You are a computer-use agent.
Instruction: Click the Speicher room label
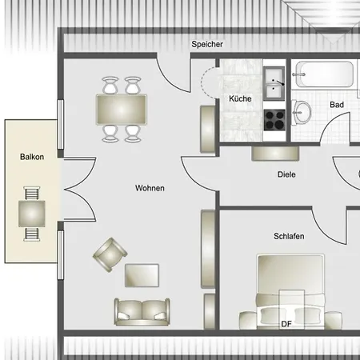207,44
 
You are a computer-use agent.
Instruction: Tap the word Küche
240,98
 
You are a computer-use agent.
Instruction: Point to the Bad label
337,105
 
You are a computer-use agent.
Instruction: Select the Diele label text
286,174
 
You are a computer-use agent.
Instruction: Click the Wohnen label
150,188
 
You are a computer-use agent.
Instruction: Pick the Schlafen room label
289,236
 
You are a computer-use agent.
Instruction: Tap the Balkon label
32,157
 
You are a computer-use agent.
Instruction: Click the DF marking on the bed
286,324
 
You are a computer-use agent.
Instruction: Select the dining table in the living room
122,110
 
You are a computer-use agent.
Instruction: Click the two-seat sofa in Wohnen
142,312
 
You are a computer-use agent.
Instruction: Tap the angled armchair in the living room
110,254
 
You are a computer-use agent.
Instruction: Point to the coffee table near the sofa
142,275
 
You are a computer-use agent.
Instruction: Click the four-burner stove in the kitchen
274,120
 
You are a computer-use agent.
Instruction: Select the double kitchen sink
274,83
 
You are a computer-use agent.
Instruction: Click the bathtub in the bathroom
324,74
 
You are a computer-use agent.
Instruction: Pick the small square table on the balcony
32,214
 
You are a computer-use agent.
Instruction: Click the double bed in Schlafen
290,292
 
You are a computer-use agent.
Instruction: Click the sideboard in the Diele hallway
275,154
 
